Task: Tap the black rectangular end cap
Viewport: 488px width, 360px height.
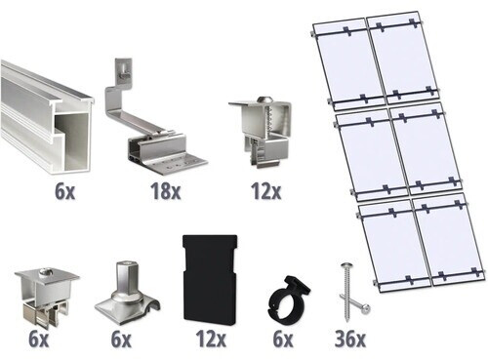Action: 210,279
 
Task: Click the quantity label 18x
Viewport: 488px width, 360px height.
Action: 165,191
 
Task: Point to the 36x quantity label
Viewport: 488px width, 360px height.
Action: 349,339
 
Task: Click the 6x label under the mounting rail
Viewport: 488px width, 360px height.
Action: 64,191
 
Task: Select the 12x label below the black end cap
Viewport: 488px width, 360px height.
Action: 211,339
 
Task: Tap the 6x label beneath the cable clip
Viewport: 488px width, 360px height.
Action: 283,339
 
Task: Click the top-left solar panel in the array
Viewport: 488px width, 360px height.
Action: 348,63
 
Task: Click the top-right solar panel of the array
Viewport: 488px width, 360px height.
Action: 403,57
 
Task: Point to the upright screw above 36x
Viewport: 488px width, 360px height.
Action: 346,292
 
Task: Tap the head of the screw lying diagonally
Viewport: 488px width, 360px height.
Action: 366,307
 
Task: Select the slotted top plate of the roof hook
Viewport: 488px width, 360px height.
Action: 124,69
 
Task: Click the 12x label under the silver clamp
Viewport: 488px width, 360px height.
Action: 265,191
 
